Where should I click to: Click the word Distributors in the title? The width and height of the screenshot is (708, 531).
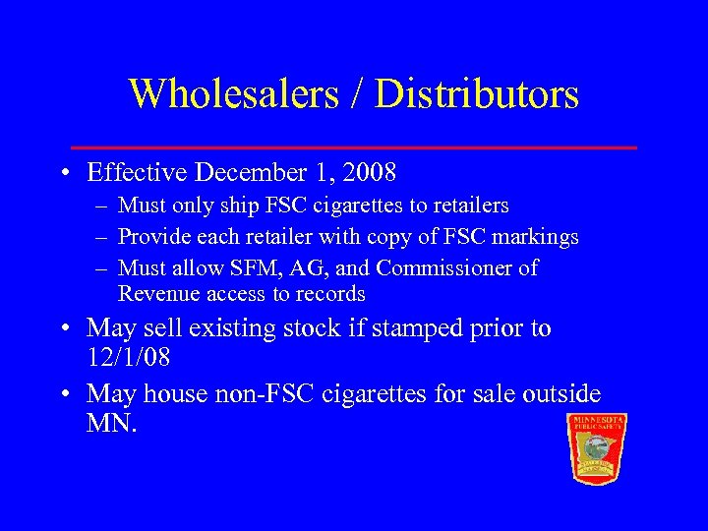pos(478,94)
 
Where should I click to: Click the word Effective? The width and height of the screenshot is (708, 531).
pos(138,174)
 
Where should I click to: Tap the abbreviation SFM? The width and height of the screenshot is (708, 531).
pos(242,268)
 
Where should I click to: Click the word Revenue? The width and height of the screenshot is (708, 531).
pos(158,294)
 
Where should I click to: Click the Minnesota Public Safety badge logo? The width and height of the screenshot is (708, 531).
pos(597,447)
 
